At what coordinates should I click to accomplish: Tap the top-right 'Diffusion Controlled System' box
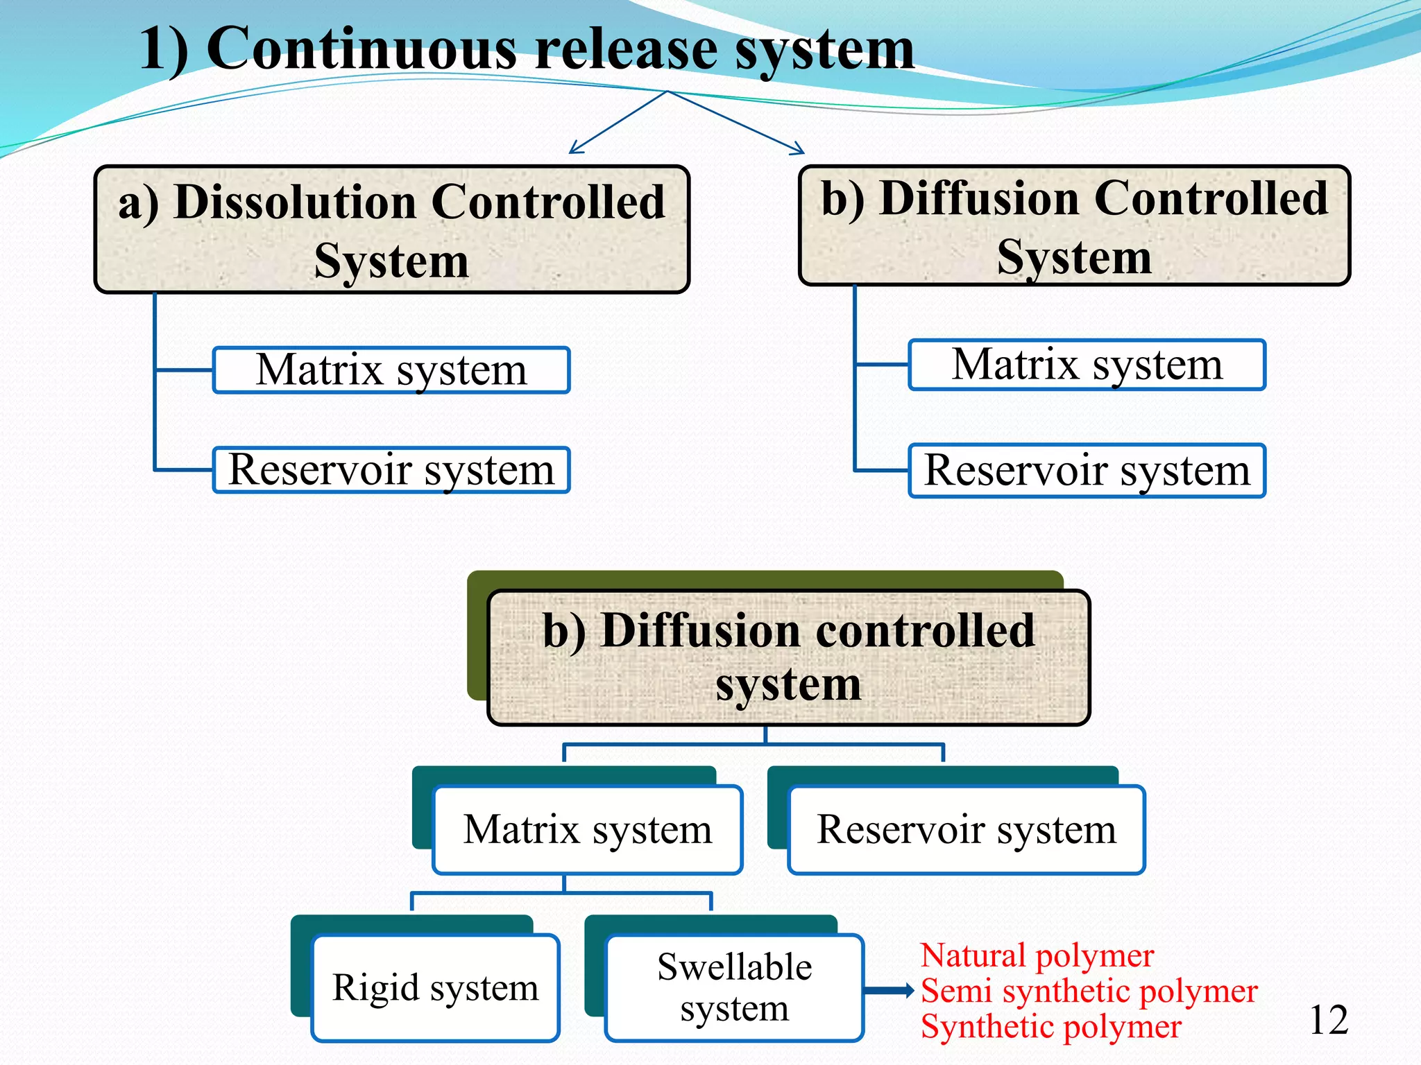click(x=1074, y=226)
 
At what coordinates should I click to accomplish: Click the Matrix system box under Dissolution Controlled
click(x=391, y=370)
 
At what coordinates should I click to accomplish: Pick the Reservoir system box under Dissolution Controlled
click(x=391, y=470)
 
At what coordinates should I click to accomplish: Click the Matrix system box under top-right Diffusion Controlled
click(x=1087, y=365)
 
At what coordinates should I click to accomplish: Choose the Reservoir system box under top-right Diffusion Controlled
click(x=1087, y=471)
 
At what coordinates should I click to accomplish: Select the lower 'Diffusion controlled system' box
click(x=788, y=657)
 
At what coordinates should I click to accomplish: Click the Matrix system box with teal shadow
click(x=587, y=829)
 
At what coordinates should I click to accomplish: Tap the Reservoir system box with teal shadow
click(x=966, y=829)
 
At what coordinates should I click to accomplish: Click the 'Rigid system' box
click(x=435, y=987)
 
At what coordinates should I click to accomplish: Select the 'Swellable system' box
click(x=734, y=987)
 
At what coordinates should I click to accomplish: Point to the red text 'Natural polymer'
click(x=1037, y=955)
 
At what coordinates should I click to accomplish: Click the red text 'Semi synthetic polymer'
click(x=1088, y=991)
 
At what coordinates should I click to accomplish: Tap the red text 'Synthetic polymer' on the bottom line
click(x=1050, y=1027)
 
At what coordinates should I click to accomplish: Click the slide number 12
click(x=1328, y=1021)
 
